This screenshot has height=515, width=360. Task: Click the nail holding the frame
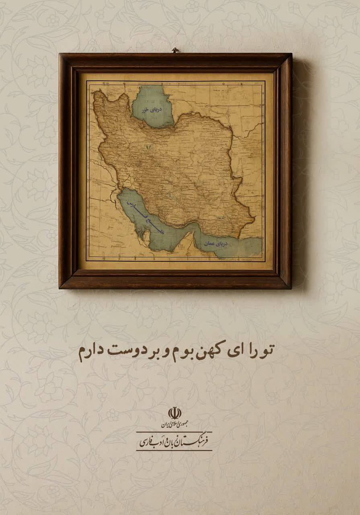coord(175,50)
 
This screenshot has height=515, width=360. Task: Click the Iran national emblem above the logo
coord(174,413)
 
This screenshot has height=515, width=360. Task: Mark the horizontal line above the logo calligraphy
coord(174,432)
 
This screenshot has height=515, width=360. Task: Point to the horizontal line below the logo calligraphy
coord(174,450)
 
